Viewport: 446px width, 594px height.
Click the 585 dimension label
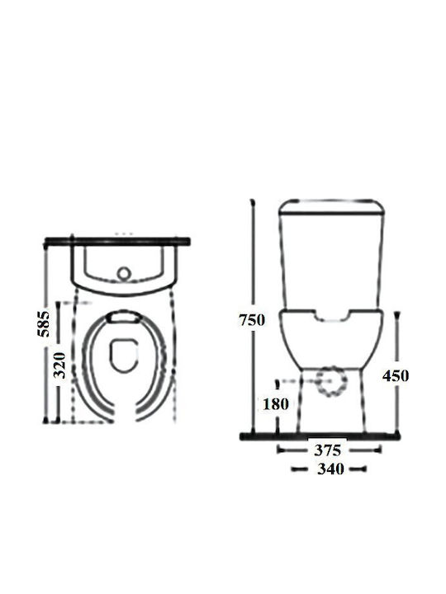click(x=44, y=324)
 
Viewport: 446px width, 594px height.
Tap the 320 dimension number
click(x=59, y=365)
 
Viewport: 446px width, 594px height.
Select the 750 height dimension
click(x=252, y=320)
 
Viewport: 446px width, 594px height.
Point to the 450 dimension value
click(x=396, y=376)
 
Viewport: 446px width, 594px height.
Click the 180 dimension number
click(x=276, y=403)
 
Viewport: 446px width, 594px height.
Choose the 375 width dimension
click(x=328, y=450)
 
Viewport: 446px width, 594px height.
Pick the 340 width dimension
click(x=330, y=469)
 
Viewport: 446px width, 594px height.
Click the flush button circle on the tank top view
click(x=123, y=273)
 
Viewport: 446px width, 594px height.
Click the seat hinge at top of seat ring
click(x=124, y=317)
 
